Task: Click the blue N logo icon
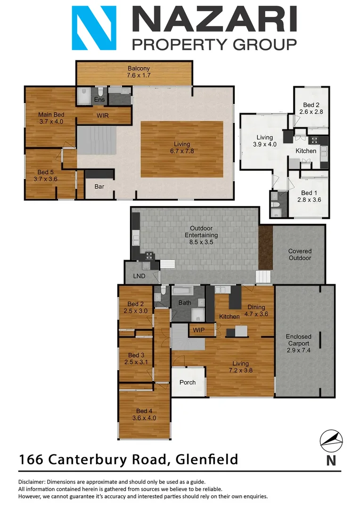(x=94, y=28)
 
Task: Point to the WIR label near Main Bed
(x=103, y=115)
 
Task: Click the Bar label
(x=99, y=187)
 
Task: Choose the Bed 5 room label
(x=45, y=175)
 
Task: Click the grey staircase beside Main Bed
(x=96, y=140)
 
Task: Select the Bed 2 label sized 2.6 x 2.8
(x=311, y=108)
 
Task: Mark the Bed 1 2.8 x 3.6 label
(x=310, y=196)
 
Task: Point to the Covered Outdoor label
(x=300, y=255)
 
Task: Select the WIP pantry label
(x=198, y=330)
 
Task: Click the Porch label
(x=188, y=382)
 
